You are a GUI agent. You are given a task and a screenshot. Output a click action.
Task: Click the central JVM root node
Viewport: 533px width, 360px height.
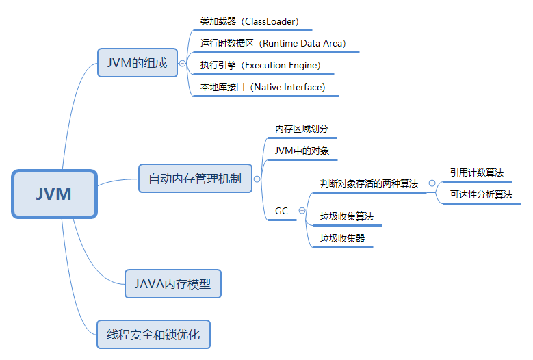click(x=54, y=194)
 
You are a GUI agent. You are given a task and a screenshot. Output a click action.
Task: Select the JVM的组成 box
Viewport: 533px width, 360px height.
click(x=138, y=62)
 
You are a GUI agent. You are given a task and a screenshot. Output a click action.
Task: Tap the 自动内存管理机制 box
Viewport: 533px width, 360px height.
click(x=195, y=179)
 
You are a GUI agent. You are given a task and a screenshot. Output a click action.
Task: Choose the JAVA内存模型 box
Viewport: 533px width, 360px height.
click(x=173, y=283)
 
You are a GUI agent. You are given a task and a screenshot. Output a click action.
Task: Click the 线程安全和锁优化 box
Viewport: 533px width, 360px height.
click(x=153, y=335)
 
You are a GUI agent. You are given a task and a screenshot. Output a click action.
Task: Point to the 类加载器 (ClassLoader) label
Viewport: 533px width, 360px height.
click(x=249, y=22)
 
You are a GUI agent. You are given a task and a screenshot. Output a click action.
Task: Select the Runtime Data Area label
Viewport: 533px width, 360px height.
click(x=273, y=43)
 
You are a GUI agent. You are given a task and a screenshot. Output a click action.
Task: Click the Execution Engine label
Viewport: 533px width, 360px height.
click(x=260, y=66)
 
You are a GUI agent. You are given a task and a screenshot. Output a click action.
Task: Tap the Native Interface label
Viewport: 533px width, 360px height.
click(x=263, y=88)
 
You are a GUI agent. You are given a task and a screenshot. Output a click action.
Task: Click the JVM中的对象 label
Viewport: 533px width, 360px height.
click(x=297, y=151)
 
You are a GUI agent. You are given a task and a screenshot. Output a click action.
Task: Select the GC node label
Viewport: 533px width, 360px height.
click(x=281, y=211)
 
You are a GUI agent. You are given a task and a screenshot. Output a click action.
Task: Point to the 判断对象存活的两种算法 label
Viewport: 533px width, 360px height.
click(x=369, y=183)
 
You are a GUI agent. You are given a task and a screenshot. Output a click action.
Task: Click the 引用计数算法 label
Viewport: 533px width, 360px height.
click(x=476, y=172)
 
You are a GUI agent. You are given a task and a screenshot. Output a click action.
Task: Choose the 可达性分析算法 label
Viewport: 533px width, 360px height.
click(x=481, y=194)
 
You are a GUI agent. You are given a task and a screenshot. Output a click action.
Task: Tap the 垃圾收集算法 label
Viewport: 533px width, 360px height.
click(x=347, y=217)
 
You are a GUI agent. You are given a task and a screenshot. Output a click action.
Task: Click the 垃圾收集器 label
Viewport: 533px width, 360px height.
click(x=342, y=238)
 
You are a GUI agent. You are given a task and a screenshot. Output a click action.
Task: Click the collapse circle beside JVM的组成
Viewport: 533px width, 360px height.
click(x=183, y=63)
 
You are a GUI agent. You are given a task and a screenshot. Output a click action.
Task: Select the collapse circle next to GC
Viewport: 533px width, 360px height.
click(x=302, y=211)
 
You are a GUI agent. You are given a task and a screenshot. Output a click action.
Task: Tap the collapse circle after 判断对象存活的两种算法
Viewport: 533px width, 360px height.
click(x=432, y=183)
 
